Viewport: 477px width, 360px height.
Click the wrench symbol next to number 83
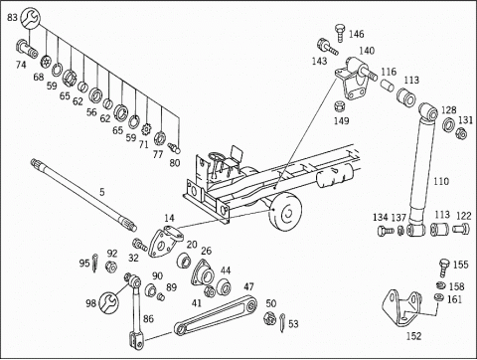pyautogui.click(x=30, y=19)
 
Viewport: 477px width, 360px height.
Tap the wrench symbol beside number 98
pyautogui.click(x=108, y=302)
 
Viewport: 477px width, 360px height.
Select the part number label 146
pyautogui.click(x=356, y=34)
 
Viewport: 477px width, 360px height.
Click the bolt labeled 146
pyautogui.click(x=340, y=33)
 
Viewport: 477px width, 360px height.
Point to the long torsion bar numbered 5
pyautogui.click(x=83, y=194)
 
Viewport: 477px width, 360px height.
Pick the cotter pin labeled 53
pyautogui.click(x=282, y=322)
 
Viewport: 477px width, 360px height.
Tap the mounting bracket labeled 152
pyautogui.click(x=402, y=308)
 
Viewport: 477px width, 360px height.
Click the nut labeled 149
pyautogui.click(x=339, y=106)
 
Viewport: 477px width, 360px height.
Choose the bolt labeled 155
pyautogui.click(x=444, y=268)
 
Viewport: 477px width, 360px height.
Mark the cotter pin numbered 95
pyautogui.click(x=94, y=263)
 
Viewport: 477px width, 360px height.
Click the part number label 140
pyautogui.click(x=367, y=51)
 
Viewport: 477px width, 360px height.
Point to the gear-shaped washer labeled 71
pyautogui.click(x=146, y=127)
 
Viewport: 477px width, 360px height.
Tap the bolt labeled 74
pyautogui.click(x=27, y=49)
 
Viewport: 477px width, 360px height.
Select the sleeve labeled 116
pyautogui.click(x=387, y=85)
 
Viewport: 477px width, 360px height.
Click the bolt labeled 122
pyautogui.click(x=461, y=229)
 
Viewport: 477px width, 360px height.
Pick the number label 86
pyautogui.click(x=148, y=318)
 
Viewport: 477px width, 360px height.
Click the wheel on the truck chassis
pyautogui.click(x=285, y=211)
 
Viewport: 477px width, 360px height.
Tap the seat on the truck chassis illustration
pyautogui.click(x=237, y=155)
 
